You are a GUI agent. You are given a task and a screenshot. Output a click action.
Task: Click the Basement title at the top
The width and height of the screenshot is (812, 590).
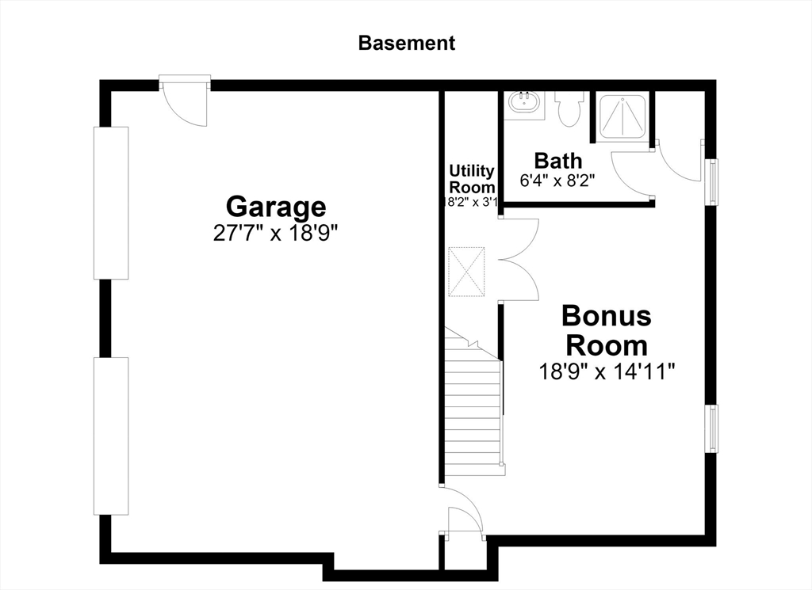pos(407,43)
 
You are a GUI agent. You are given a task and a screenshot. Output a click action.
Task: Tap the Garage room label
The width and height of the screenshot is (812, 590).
pos(276,207)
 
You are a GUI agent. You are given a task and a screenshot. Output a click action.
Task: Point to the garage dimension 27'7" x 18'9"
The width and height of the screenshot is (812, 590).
pos(275,233)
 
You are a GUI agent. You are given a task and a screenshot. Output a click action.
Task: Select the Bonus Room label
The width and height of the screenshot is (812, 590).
pos(607,330)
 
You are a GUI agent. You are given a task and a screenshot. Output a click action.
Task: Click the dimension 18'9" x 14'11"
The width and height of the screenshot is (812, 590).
pos(607,371)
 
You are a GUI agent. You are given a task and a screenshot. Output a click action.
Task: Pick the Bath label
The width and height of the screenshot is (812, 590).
pos(557,161)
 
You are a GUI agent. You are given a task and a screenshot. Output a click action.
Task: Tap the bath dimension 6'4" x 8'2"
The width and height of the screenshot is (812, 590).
pos(557,181)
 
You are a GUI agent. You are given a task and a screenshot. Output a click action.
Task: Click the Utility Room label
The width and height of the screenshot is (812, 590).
pos(472,178)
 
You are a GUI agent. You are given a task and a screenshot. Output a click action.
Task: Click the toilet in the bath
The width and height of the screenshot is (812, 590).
pos(569,108)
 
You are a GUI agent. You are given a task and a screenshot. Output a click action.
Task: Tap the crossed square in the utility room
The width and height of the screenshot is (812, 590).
pos(466,272)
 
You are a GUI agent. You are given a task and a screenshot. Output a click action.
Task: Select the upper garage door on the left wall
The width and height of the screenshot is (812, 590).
pos(111,203)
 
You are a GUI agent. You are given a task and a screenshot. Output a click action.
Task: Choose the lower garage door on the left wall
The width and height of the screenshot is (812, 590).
pos(111,436)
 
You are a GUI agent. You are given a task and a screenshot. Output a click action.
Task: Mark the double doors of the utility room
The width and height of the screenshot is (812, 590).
pos(519,259)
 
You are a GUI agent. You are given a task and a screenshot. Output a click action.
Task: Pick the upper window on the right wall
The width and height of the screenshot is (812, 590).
pos(714,181)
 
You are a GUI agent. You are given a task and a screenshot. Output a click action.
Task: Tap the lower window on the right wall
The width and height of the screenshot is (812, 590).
pos(714,428)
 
